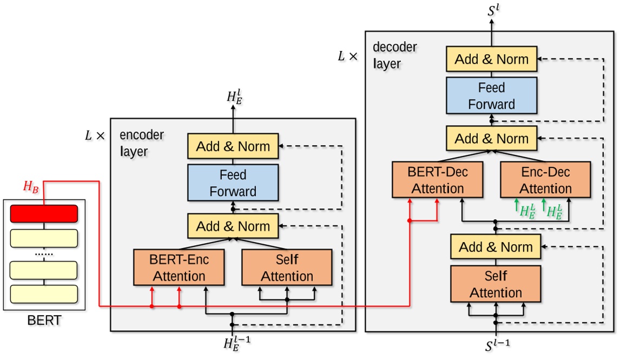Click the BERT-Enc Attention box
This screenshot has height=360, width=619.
pyautogui.click(x=179, y=267)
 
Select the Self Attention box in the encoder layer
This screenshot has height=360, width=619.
pyautogui.click(x=287, y=267)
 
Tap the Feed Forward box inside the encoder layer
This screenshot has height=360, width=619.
pyautogui.click(x=233, y=183)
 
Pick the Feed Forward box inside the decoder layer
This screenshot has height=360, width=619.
pyautogui.click(x=491, y=95)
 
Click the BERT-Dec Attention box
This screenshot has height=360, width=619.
pyautogui.click(x=437, y=180)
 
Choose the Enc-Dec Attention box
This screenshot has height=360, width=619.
pyautogui.click(x=545, y=180)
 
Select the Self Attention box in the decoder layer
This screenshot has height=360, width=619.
pyautogui.click(x=496, y=284)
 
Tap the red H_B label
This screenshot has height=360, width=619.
pyautogui.click(x=30, y=187)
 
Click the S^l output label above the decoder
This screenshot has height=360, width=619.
pyautogui.click(x=492, y=9)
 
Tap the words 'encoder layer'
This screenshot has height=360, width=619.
pyautogui.click(x=142, y=143)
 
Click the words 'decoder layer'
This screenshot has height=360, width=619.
pyautogui.click(x=395, y=55)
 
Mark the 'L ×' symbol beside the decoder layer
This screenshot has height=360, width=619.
pyautogui.click(x=347, y=56)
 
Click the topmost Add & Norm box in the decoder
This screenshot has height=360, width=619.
pyautogui.click(x=491, y=59)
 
